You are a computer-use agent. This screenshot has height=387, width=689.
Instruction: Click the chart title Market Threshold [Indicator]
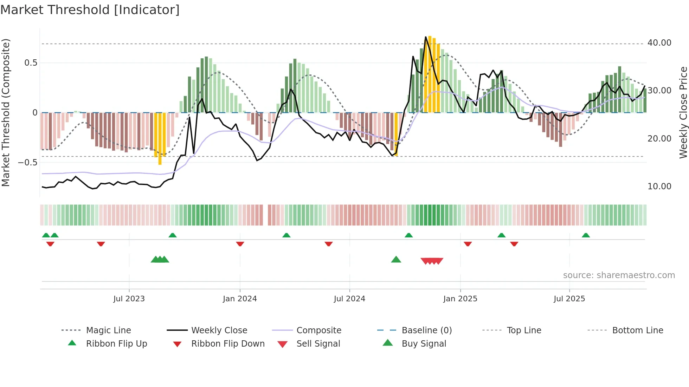(x=90, y=10)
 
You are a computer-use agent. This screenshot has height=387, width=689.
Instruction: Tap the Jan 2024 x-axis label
(x=240, y=299)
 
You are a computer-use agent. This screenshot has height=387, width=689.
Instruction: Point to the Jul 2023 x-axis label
(x=129, y=299)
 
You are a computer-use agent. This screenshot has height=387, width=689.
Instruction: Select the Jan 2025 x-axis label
(x=460, y=299)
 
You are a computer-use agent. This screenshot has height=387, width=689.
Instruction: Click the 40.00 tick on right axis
(x=659, y=43)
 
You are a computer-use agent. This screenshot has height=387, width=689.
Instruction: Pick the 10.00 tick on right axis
(x=659, y=186)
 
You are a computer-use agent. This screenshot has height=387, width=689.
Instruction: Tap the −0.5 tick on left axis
(x=27, y=163)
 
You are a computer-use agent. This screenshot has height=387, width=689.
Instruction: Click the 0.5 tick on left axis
(x=31, y=63)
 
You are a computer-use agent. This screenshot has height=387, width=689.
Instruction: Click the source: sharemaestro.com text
(x=619, y=275)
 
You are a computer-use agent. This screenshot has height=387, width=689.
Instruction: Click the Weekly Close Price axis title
(x=683, y=112)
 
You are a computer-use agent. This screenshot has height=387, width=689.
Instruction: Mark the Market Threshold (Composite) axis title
(x=6, y=112)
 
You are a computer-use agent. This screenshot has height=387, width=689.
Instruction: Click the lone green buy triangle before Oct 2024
(x=396, y=260)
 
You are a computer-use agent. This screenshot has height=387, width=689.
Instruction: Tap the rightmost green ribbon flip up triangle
(x=586, y=235)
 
